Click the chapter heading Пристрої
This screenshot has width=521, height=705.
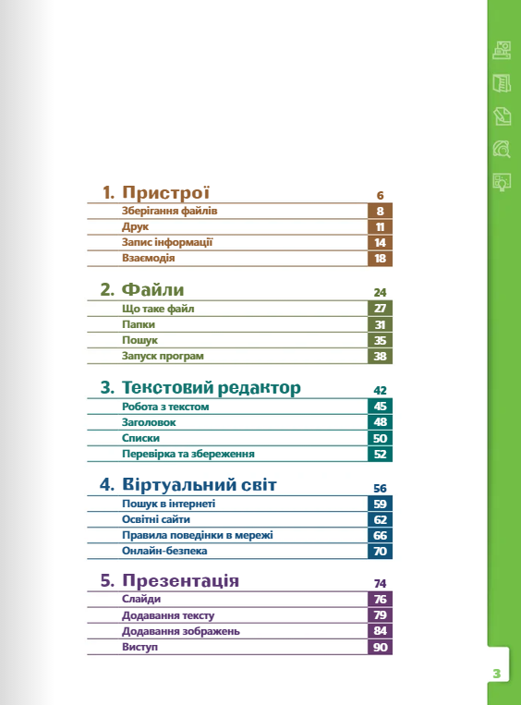click(x=165, y=192)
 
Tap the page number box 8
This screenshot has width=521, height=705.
click(x=380, y=211)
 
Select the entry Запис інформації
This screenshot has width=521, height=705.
click(x=167, y=242)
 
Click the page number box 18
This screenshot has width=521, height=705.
click(x=380, y=259)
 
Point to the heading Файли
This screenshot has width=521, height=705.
click(x=152, y=289)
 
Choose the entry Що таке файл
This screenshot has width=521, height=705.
click(x=158, y=309)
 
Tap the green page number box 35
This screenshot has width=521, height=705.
click(x=380, y=340)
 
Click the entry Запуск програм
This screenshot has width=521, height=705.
click(x=163, y=356)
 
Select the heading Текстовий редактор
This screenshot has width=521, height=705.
click(x=212, y=387)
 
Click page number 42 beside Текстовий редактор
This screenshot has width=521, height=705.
click(x=380, y=390)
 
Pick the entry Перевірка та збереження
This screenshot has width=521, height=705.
click(x=188, y=454)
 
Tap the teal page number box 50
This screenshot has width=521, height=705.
click(x=380, y=438)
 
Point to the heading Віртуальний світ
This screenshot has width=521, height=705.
click(x=200, y=485)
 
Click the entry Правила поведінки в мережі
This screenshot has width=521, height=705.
click(x=198, y=535)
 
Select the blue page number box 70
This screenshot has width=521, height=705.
click(x=380, y=552)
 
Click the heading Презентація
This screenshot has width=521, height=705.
click(x=180, y=580)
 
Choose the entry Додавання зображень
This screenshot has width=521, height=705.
click(x=181, y=631)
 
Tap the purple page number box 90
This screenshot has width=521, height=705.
click(x=380, y=647)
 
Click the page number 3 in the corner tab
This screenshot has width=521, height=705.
click(x=497, y=674)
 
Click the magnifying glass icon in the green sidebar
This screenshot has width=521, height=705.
click(x=502, y=149)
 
